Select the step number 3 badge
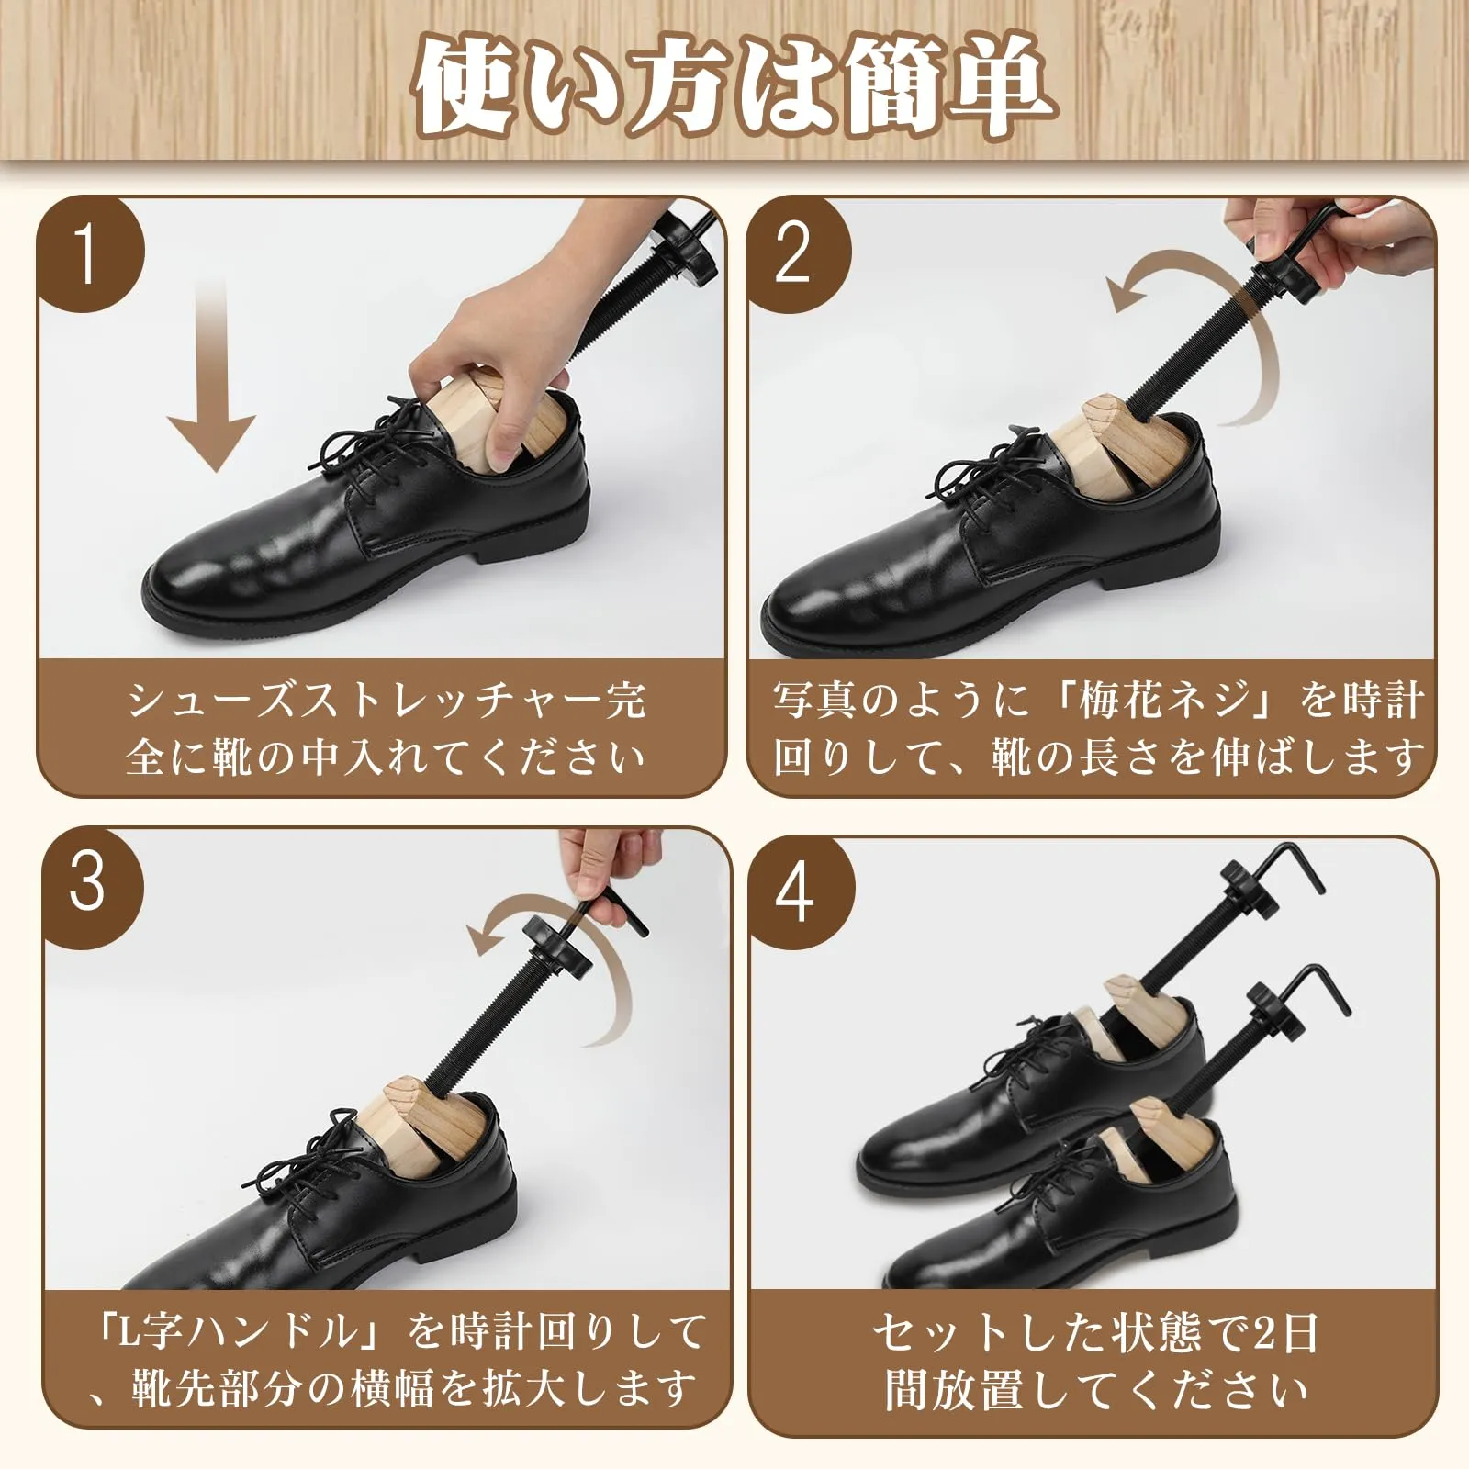[x=88, y=883]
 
